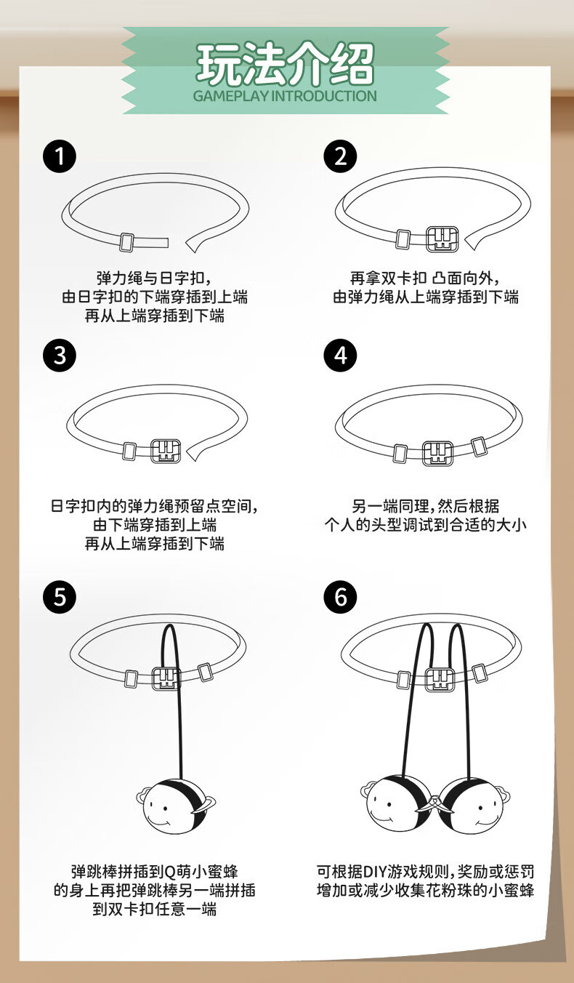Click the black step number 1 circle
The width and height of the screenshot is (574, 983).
tap(60, 156)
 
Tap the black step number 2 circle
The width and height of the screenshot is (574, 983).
tap(340, 156)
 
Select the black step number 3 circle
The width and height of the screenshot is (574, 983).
tap(60, 356)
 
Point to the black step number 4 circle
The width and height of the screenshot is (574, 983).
tap(340, 356)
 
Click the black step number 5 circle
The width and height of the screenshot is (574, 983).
tap(60, 597)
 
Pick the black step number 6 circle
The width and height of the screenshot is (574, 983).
tap(340, 597)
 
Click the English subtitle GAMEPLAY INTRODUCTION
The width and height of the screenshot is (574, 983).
tap(285, 96)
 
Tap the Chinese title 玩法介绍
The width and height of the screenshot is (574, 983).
tap(285, 64)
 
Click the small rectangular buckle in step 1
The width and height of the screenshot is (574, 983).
tap(127, 242)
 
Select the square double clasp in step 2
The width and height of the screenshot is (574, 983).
tap(442, 239)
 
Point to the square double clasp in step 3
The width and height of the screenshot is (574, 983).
tap(166, 451)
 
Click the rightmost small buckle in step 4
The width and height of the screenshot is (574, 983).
tap(479, 446)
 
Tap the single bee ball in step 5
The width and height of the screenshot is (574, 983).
tap(175, 806)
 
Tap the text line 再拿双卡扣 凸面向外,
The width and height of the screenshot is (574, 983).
tap(425, 278)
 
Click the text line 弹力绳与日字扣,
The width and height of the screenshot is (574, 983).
tap(154, 278)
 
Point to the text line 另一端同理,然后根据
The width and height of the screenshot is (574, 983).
tap(425, 506)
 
